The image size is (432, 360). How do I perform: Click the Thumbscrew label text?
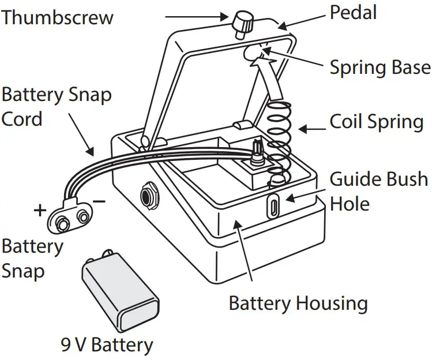pyautogui.click(x=57, y=17)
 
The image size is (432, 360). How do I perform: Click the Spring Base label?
pyautogui.click(x=380, y=67)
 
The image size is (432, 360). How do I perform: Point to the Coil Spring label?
pyautogui.click(x=376, y=122)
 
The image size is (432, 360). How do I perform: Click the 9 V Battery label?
pyautogui.click(x=107, y=345)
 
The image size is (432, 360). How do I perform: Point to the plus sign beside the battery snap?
pyautogui.click(x=40, y=210)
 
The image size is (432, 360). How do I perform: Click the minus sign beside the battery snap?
pyautogui.click(x=99, y=201)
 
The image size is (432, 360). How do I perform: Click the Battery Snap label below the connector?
pyautogui.click(x=32, y=258)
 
